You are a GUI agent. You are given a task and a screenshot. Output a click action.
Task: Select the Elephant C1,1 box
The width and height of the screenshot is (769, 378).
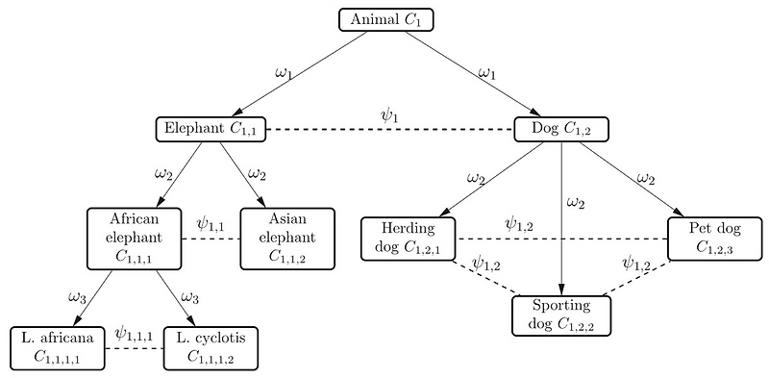click(211, 129)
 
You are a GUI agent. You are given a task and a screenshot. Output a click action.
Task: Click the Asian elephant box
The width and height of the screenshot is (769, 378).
click(287, 236)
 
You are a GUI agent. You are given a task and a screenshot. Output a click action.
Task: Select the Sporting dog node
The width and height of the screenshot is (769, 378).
click(559, 315)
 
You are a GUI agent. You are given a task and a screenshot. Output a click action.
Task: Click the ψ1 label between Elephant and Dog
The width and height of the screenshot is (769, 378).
click(389, 115)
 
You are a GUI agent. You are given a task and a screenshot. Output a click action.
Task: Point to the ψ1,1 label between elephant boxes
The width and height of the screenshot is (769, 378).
click(211, 224)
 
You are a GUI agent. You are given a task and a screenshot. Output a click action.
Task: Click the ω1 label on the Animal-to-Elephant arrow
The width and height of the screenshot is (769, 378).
click(286, 72)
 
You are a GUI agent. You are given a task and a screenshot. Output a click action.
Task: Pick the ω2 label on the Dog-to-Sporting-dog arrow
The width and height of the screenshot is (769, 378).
click(575, 202)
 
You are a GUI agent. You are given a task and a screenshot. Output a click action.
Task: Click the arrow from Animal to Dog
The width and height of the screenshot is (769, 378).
click(471, 73)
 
